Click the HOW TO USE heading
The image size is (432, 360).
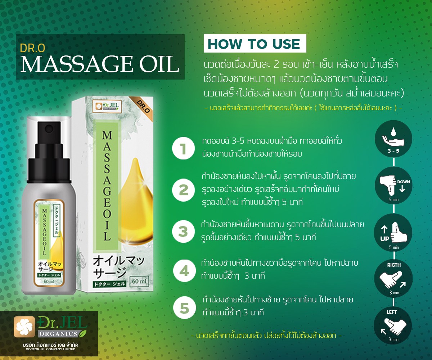pyautogui.click(x=254, y=44)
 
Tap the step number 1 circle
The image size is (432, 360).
pyautogui.click(x=183, y=148)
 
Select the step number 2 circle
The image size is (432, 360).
pyautogui.click(x=183, y=190)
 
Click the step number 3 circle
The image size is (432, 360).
pyautogui.click(x=183, y=231)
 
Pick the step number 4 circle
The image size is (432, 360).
pyautogui.click(x=184, y=271)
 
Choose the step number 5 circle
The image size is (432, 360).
pyautogui.click(x=184, y=308)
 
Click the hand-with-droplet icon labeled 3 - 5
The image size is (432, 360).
pyautogui.click(x=393, y=139)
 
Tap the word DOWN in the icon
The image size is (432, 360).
pyautogui.click(x=404, y=182)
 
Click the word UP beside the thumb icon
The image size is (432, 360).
pyautogui.click(x=384, y=239)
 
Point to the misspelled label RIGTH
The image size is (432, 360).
pyautogui.click(x=394, y=265)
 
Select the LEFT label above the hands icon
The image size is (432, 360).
pyautogui.click(x=392, y=312)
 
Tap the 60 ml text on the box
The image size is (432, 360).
pyautogui.click(x=139, y=282)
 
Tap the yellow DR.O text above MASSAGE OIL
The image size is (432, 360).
pyautogui.click(x=32, y=48)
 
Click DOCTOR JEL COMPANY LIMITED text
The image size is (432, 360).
pyautogui.click(x=51, y=349)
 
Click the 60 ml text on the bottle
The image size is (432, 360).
pyautogui.click(x=49, y=282)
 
